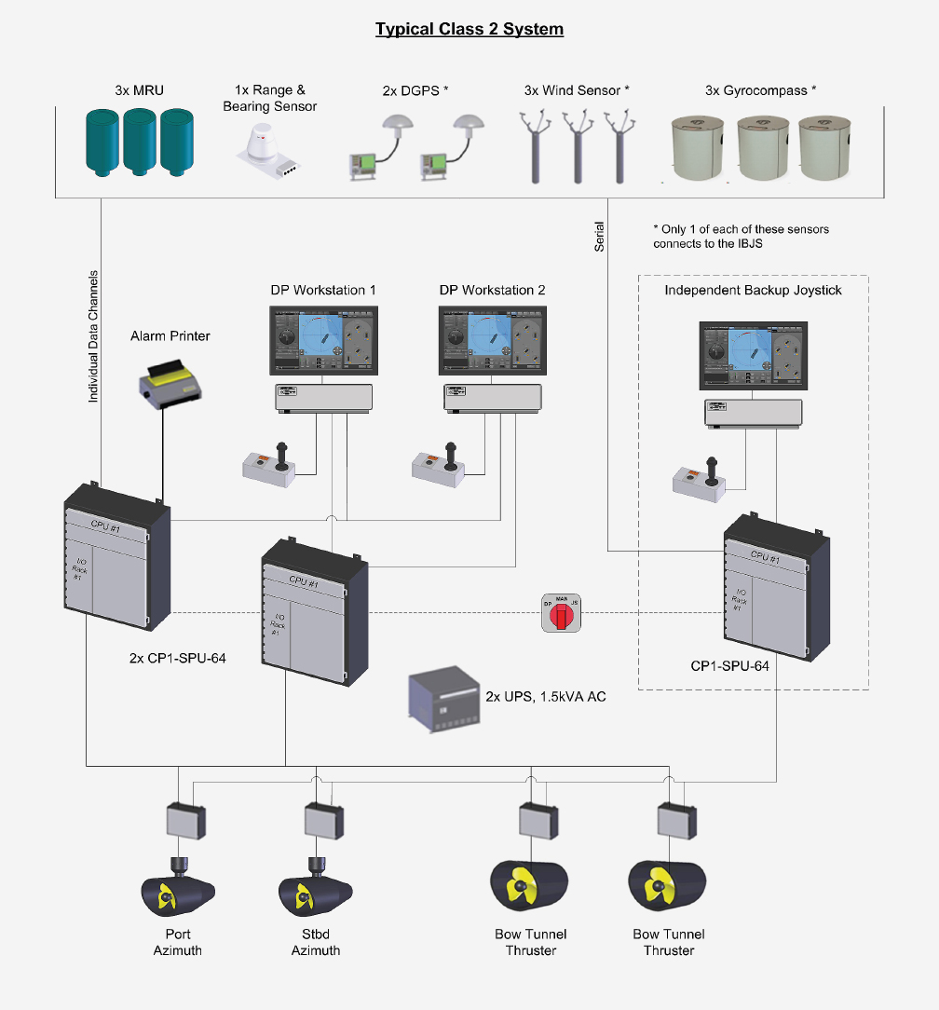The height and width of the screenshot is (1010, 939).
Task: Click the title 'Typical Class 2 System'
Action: [x=469, y=29]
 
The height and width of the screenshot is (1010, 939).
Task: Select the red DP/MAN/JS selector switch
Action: [x=561, y=612]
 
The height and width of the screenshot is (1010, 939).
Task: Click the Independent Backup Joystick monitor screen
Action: [x=753, y=357]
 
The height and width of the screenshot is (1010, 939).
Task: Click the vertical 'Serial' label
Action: [x=600, y=236]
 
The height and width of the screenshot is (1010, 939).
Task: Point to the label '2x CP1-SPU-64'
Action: [x=177, y=658]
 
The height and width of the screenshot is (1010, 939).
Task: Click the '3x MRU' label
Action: [x=141, y=90]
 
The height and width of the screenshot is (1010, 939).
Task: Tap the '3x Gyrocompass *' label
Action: [x=761, y=90]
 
